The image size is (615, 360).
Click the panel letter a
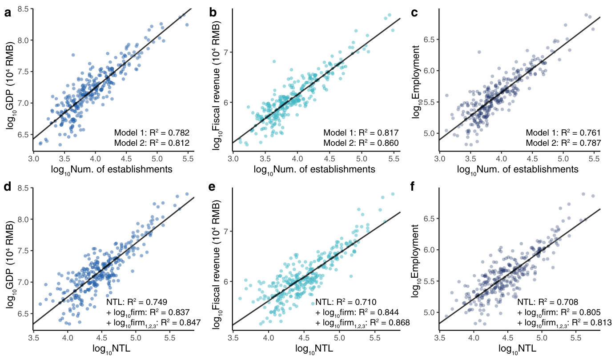click(x=8, y=12)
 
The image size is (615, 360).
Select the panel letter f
click(x=412, y=186)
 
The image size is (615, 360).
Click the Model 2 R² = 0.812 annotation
click(x=152, y=143)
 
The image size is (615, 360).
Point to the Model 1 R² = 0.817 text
click(x=361, y=133)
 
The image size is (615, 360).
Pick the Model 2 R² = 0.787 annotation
click(x=563, y=143)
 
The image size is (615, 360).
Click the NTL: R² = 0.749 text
click(x=137, y=302)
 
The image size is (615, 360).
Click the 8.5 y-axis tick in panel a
click(x=23, y=9)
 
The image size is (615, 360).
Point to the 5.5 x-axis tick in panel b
click(x=394, y=159)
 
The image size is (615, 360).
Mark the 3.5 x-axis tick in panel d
click(x=33, y=338)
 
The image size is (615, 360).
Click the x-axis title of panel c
click(x=518, y=170)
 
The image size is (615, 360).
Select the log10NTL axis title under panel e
click(x=314, y=349)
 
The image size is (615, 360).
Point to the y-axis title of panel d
click(x=10, y=264)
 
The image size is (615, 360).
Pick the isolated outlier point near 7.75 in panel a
click(x=73, y=55)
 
